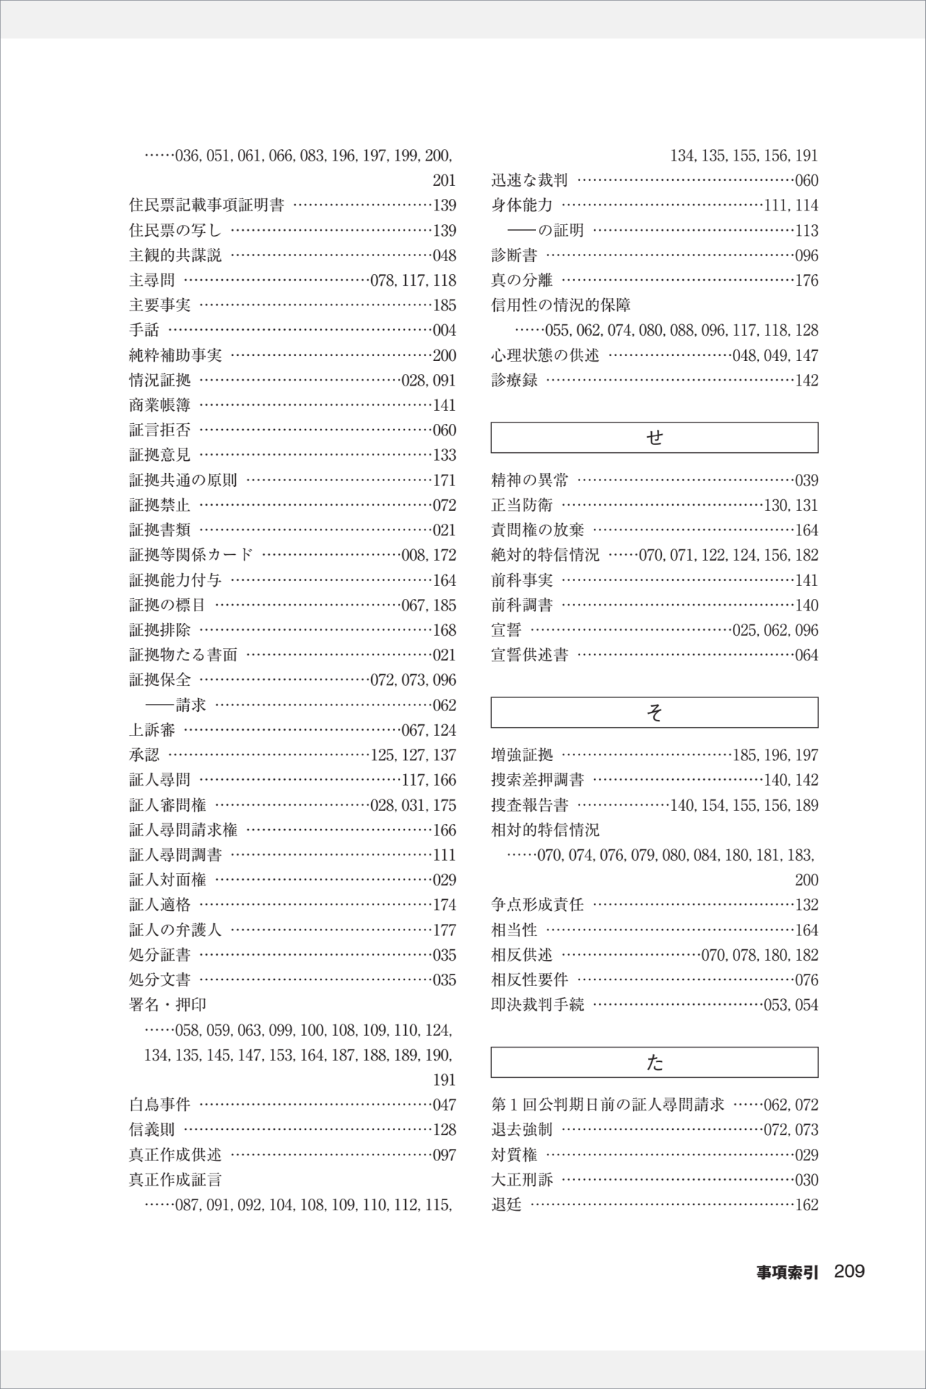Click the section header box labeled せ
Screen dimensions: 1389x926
point(654,438)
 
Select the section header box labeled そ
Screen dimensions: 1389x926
point(654,713)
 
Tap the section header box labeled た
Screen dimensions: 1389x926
point(654,1062)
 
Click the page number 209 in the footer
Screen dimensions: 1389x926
point(849,1271)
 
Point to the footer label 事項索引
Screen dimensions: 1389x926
point(787,1273)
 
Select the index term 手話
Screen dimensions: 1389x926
point(144,330)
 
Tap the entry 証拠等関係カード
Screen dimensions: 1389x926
point(191,555)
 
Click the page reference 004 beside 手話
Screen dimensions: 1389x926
point(444,331)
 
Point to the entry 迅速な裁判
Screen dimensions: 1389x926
point(530,180)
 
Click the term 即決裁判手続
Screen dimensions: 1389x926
point(538,1005)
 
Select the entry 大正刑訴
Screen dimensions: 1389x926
point(522,1180)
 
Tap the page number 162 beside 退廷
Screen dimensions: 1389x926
point(807,1205)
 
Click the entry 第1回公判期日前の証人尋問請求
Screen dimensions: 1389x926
point(608,1105)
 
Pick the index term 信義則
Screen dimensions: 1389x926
point(152,1130)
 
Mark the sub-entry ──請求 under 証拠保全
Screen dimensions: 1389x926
point(176,705)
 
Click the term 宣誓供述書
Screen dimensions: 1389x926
point(530,655)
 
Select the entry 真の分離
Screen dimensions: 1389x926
point(522,280)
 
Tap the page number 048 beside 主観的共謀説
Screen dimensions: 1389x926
point(444,255)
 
